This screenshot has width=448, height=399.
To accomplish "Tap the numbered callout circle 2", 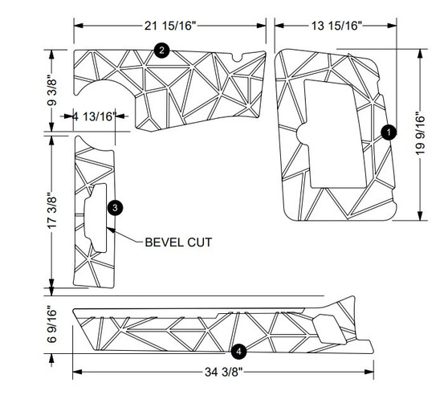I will pyautogui.click(x=162, y=51).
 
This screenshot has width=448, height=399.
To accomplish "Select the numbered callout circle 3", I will pyautogui.click(x=117, y=207).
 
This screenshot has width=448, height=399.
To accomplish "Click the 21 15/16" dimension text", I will pyautogui.click(x=170, y=26).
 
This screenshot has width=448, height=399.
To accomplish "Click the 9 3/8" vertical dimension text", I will pyautogui.click(x=53, y=90).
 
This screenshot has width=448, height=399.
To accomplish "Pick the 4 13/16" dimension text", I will pyautogui.click(x=95, y=116).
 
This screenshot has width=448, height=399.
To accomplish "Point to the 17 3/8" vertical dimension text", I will pyautogui.click(x=53, y=214).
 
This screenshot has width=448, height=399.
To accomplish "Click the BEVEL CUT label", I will pyautogui.click(x=178, y=241).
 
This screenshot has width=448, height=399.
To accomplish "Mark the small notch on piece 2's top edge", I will pyautogui.click(x=236, y=57).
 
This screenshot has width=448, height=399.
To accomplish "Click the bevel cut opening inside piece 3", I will pyautogui.click(x=96, y=215).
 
